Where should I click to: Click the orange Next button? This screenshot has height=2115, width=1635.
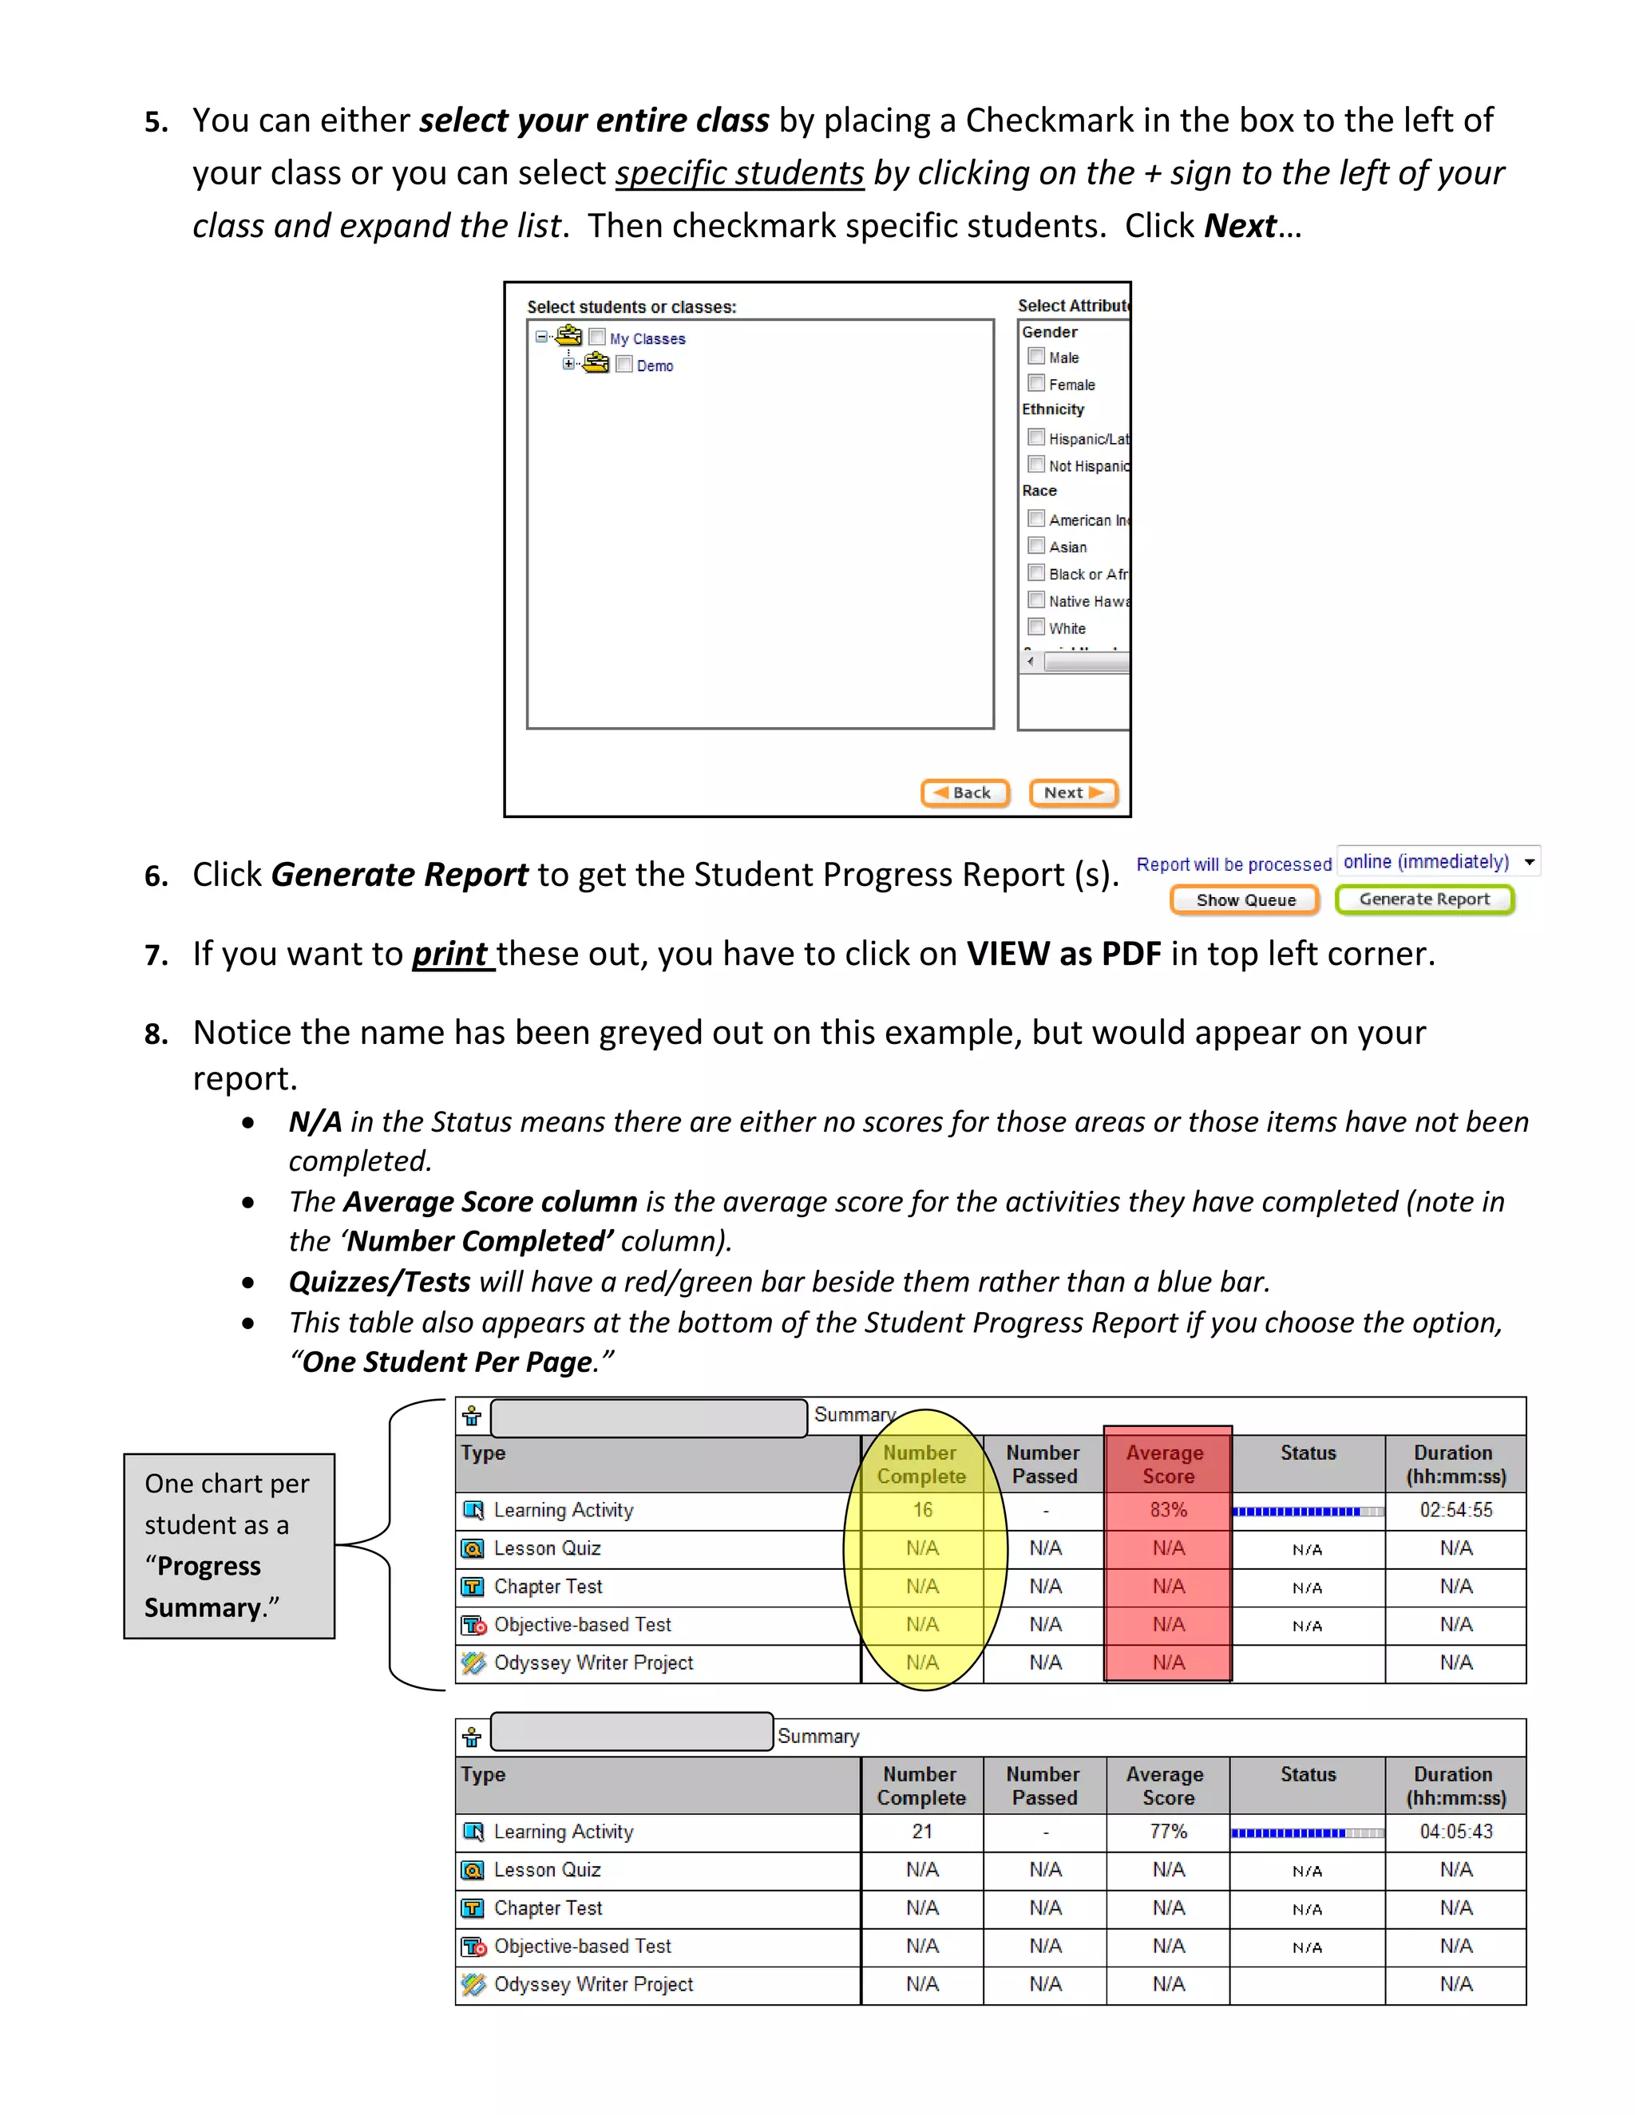(1073, 793)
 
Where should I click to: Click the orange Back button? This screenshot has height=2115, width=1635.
(964, 793)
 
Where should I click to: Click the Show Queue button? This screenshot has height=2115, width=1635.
(1245, 899)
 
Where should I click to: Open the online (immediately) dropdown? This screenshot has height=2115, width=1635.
(1437, 861)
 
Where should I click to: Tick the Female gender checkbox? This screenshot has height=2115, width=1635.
(1036, 382)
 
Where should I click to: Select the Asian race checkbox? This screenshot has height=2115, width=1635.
(1036, 545)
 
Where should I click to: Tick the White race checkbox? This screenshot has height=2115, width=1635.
(1036, 627)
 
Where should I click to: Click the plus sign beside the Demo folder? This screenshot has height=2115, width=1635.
(568, 364)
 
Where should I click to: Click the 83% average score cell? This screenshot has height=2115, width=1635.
(1168, 1510)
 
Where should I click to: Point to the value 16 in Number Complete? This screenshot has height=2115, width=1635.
(922, 1510)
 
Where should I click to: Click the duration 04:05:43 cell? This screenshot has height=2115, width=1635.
(1456, 1831)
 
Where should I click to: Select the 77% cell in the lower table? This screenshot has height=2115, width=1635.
(1168, 1831)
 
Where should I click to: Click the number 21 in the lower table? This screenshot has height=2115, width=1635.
(922, 1831)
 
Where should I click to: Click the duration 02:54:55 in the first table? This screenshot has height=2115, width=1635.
(1456, 1510)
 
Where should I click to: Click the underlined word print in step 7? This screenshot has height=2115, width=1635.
(451, 954)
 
